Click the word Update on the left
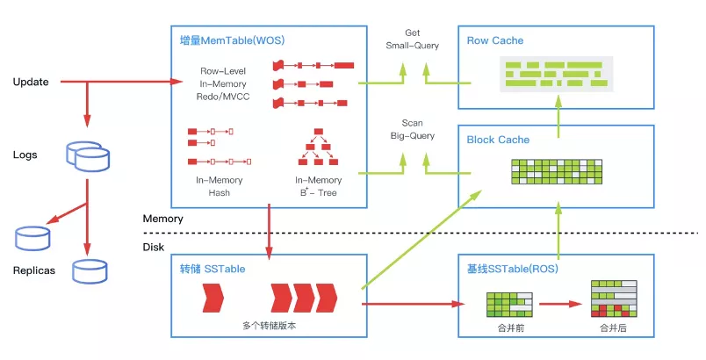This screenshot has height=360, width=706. point(31,82)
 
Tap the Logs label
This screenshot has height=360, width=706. point(25,155)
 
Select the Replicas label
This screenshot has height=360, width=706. point(33,270)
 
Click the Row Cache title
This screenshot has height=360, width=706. point(495,40)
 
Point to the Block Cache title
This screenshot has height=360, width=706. point(498,140)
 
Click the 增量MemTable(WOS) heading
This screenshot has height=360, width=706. point(233,40)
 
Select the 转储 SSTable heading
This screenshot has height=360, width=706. point(213,269)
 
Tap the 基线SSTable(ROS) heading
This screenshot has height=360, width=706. point(513,269)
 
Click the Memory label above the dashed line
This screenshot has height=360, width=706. point(163,219)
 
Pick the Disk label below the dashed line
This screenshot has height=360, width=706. point(154,247)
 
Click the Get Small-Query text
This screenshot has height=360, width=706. point(413,40)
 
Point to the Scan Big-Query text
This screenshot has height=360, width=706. point(413,129)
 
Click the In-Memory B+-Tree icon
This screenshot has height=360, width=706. point(319,147)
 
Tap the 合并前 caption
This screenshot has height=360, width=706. point(510,328)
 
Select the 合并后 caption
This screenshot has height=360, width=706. point(613,328)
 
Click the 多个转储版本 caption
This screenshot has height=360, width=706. point(270,326)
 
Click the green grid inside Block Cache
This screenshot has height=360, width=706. point(557,171)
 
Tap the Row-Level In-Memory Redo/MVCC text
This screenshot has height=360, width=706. point(223,83)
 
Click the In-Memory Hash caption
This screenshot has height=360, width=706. point(220,186)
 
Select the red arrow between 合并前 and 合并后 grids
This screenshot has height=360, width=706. point(560,304)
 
